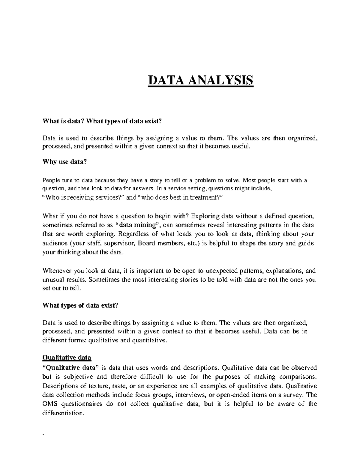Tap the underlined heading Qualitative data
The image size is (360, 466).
pyautogui.click(x=67, y=358)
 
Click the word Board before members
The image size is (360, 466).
pyautogui.click(x=148, y=243)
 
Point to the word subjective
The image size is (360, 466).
pyautogui.click(x=79, y=377)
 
